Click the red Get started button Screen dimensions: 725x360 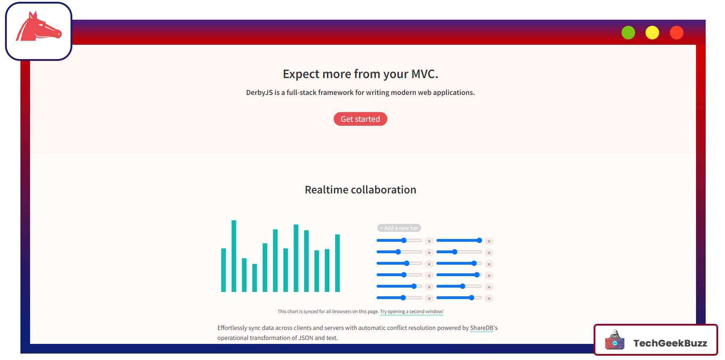point(360,119)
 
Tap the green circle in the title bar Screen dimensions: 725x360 point(628,33)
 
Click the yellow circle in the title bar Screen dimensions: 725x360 point(652,33)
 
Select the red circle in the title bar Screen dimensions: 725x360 point(677,33)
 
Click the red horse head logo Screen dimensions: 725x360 point(38,27)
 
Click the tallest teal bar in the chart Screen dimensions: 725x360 point(234,256)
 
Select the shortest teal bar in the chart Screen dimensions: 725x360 point(255,278)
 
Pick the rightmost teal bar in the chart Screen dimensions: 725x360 point(337,263)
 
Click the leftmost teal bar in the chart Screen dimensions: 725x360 point(223,270)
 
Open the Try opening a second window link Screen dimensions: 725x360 point(412,312)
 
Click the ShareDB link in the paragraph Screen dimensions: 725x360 point(482,328)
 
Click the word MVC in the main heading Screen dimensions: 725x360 point(425,74)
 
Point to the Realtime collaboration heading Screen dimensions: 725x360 point(361,189)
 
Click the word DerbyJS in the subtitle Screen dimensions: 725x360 point(259,92)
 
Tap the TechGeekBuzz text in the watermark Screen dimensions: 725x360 point(670,343)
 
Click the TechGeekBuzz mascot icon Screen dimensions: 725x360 point(614,340)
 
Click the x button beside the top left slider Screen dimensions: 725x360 point(429,241)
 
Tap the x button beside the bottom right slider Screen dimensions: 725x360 point(489,298)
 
